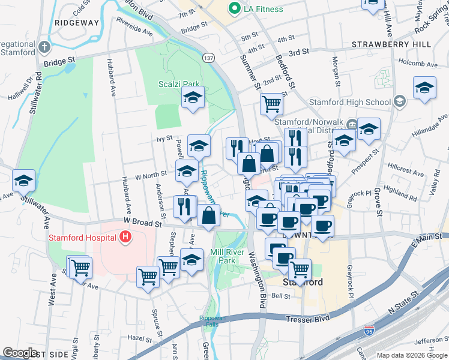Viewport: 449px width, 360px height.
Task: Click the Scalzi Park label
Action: [179, 84]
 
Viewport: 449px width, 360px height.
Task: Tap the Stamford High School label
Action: [360, 102]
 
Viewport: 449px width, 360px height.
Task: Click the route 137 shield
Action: [208, 58]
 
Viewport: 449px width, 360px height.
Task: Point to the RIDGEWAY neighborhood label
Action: [76, 22]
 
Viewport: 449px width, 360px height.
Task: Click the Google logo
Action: [20, 353]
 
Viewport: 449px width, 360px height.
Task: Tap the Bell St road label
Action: [281, 296]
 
